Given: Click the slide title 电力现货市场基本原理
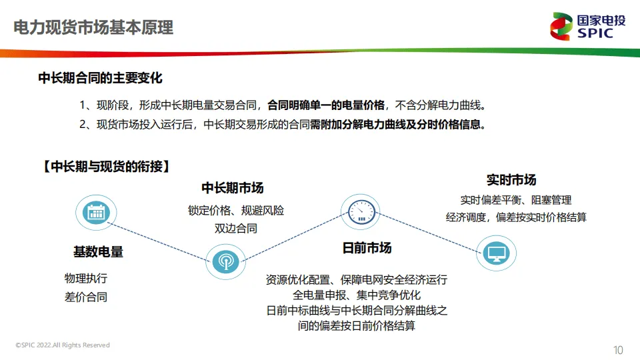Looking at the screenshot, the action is [x=93, y=28].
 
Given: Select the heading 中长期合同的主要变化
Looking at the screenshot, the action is [x=100, y=78].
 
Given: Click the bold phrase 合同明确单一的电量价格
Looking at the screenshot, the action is [x=326, y=105].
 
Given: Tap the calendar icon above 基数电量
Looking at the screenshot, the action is [x=96, y=212].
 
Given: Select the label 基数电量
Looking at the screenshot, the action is [x=98, y=252].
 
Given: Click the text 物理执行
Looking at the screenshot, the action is [x=85, y=279].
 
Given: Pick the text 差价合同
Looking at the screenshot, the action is [x=85, y=297].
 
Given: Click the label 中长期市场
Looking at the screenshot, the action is [x=233, y=187].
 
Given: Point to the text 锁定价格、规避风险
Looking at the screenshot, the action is [x=236, y=211].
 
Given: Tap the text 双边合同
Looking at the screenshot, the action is [x=235, y=229].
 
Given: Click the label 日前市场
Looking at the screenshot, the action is [x=367, y=249].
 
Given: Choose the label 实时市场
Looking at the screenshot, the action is [x=511, y=180].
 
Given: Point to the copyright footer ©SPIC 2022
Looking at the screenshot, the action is [x=63, y=345].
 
